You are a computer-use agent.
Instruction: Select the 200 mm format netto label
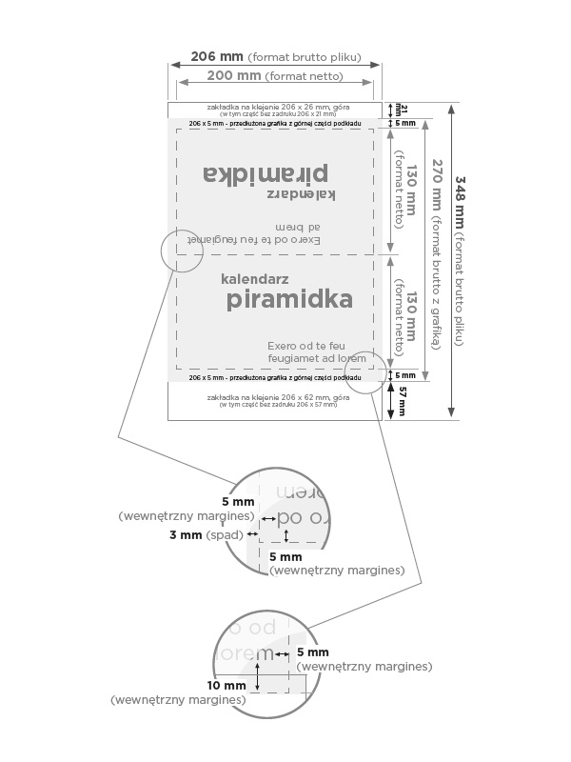(235, 75)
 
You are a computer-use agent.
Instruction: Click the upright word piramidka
(289, 300)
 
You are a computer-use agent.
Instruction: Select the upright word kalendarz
(254, 280)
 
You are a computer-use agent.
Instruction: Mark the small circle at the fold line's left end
(183, 251)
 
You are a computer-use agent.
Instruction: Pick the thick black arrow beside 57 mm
(391, 401)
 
